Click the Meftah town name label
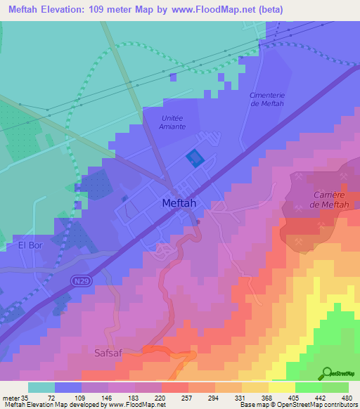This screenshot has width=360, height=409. (179, 202)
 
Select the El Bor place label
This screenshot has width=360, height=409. (31, 246)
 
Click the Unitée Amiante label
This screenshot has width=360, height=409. (173, 122)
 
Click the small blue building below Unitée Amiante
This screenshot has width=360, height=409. (194, 158)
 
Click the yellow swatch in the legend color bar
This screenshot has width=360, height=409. (281, 387)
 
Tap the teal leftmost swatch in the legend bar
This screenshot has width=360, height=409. (41, 387)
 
